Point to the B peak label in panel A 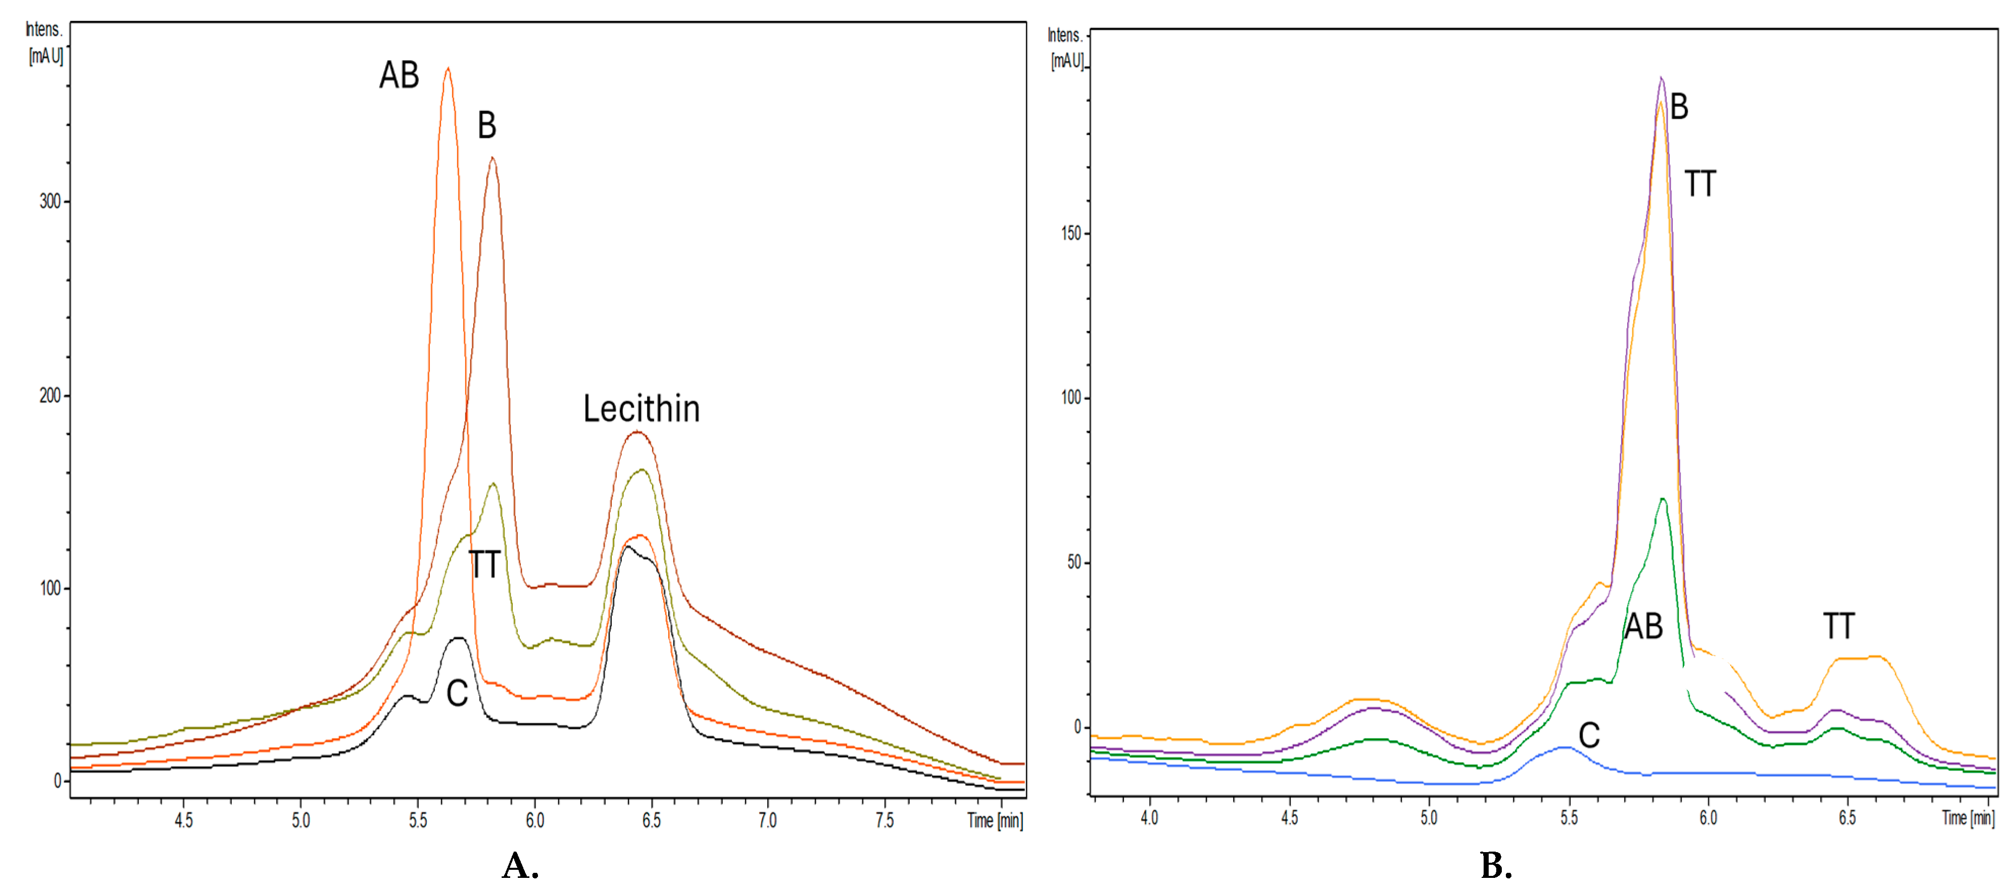click(487, 125)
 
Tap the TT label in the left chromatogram click(484, 564)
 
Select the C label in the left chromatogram click(457, 693)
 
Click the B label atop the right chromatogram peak click(1679, 107)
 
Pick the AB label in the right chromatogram click(1643, 626)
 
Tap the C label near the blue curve click(1589, 735)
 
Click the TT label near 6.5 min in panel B click(1838, 626)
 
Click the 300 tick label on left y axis click(50, 202)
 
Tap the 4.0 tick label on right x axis click(1149, 818)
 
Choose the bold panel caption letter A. click(520, 866)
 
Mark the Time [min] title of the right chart click(1968, 818)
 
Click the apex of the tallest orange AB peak click(447, 69)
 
